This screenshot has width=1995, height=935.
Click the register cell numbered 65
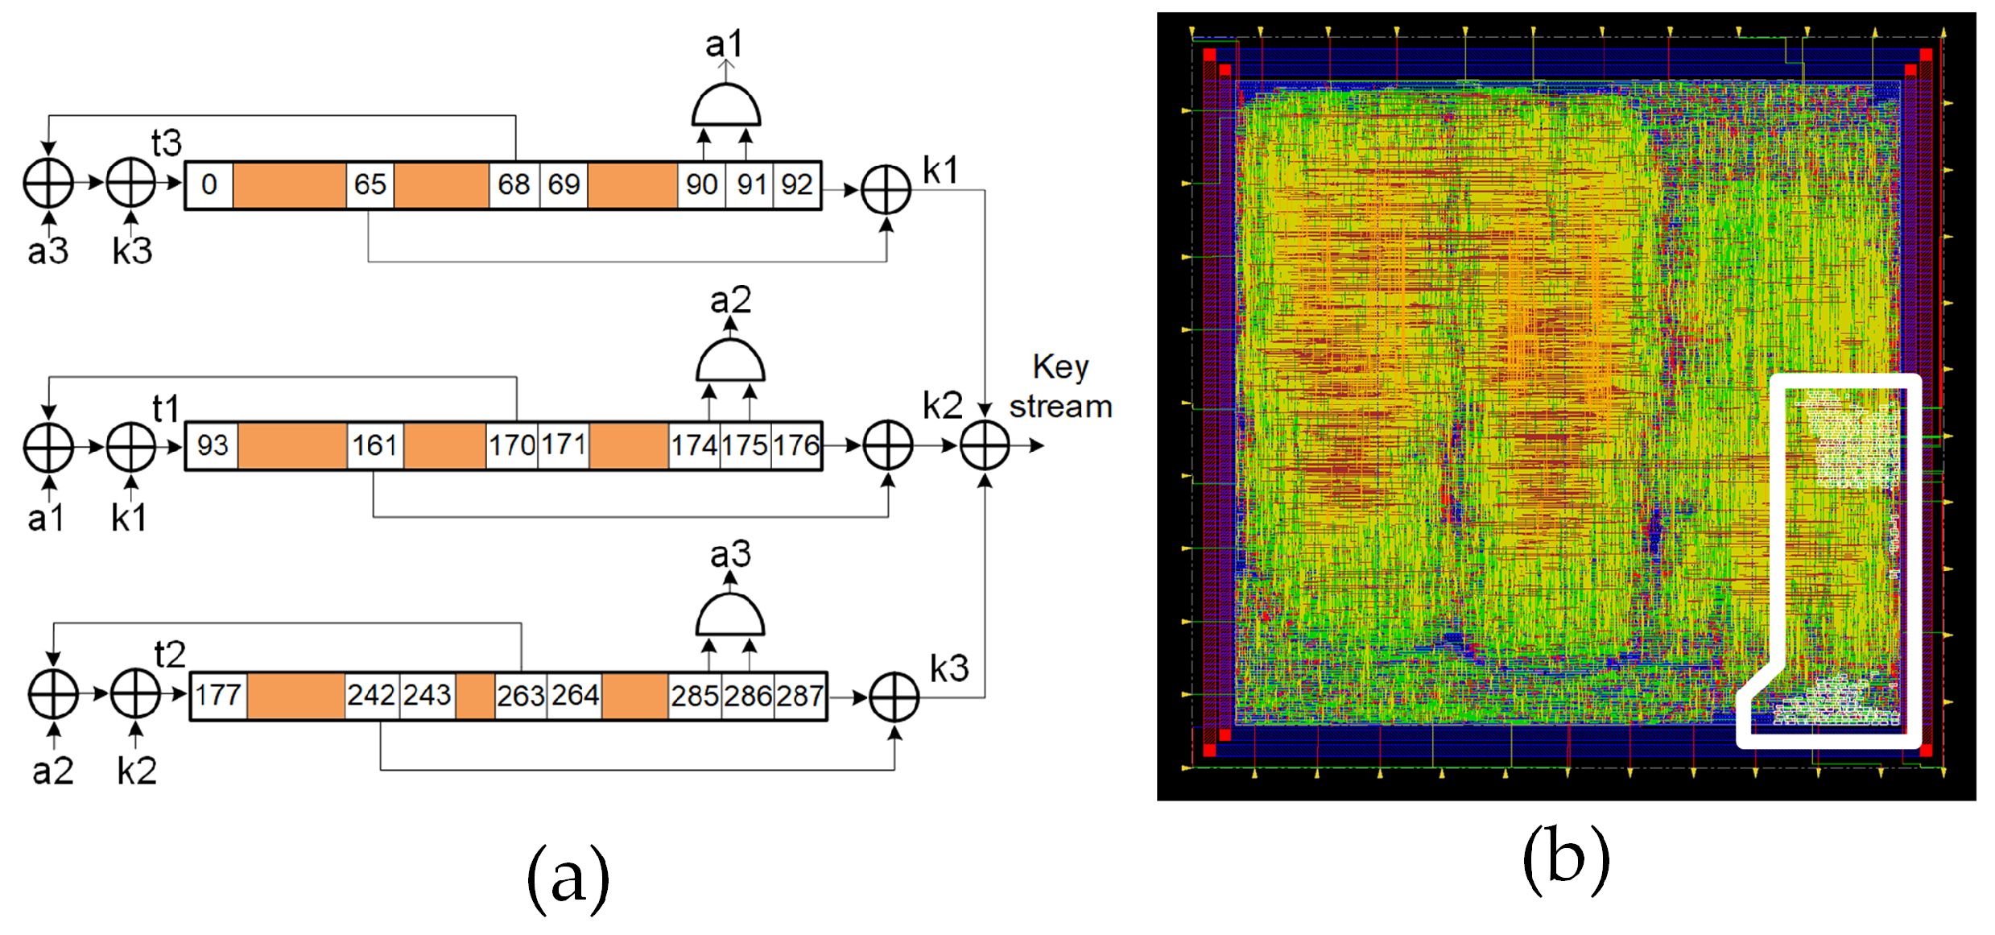[x=370, y=184]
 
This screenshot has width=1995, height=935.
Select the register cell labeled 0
[x=209, y=184]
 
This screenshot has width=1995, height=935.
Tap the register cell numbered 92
[x=796, y=184]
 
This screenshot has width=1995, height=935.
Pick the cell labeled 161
[x=374, y=445]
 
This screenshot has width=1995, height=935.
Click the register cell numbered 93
[x=213, y=445]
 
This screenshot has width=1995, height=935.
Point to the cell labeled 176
[x=796, y=445]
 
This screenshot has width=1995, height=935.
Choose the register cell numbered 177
[x=218, y=695]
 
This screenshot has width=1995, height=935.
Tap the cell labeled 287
[x=799, y=695]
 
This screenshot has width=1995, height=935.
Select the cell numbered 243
[x=427, y=695]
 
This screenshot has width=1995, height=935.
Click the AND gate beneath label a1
[x=726, y=105]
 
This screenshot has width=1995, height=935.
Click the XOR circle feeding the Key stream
[x=985, y=445]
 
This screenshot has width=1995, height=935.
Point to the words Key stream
[x=1061, y=387]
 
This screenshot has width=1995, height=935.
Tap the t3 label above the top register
[x=167, y=143]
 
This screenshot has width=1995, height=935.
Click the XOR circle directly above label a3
[x=49, y=184]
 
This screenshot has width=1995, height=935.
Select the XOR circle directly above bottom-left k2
[x=135, y=694]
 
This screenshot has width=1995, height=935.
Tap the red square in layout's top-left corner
[x=1209, y=55]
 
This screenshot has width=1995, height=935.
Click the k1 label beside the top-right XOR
[x=940, y=171]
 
